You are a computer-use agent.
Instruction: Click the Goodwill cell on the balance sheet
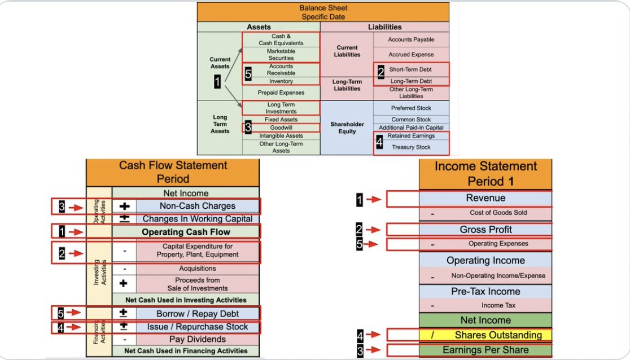[x=281, y=128]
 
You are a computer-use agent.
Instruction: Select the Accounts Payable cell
[x=411, y=40]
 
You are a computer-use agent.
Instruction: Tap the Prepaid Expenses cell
[x=281, y=93]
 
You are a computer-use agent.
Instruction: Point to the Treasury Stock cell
[x=411, y=147]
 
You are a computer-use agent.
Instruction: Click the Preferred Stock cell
[x=411, y=108]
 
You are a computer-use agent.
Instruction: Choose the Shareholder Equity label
[x=347, y=128]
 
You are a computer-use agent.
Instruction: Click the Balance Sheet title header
[x=323, y=12]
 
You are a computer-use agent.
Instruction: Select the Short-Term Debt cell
[x=411, y=69]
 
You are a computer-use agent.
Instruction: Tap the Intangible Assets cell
[x=281, y=135]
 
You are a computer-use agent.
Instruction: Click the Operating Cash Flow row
[x=186, y=232]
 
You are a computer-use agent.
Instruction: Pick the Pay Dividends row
[x=197, y=339]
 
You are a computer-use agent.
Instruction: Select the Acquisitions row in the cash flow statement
[x=197, y=269]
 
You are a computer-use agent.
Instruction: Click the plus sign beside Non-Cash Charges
[x=125, y=207]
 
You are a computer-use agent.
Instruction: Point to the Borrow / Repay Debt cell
[x=197, y=314]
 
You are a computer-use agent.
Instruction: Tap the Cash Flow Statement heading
[x=173, y=172]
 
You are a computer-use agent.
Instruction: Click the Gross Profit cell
[x=485, y=230]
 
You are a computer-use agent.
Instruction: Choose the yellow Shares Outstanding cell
[x=485, y=335]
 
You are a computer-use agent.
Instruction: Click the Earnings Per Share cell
[x=485, y=350]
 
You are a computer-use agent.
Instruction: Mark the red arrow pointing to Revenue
[x=373, y=199]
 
